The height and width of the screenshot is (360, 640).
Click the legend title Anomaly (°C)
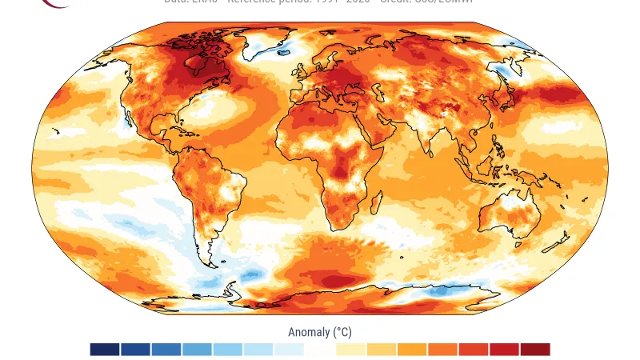point(320,332)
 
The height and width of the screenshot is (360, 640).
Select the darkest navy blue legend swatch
point(105,350)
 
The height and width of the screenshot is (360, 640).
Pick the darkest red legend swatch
point(535,350)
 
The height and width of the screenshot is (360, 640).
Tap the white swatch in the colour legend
point(320,350)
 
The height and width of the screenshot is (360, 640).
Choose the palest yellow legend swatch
point(350,350)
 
